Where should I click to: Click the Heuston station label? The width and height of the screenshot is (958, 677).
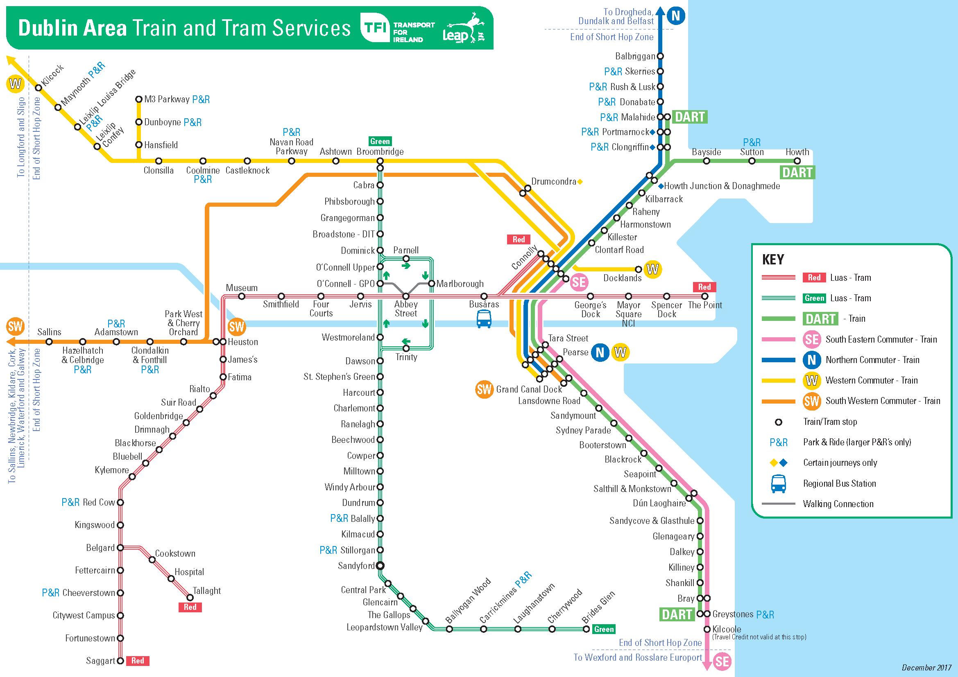pos(242,342)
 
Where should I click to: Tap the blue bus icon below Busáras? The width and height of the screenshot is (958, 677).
pos(484,319)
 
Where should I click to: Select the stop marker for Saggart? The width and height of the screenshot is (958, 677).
pos(120,661)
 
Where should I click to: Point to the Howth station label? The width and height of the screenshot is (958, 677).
pos(797,152)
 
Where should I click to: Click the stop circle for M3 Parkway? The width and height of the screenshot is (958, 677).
pos(139,99)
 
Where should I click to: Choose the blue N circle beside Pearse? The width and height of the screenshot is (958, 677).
pos(600,353)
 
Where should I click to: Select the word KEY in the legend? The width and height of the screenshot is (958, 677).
pos(773,259)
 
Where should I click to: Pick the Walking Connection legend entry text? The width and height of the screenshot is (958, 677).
pos(838,503)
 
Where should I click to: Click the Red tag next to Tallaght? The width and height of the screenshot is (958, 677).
pos(190,607)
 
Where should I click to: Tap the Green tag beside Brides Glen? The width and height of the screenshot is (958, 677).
pos(604,629)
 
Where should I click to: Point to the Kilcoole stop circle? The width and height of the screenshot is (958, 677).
pos(707,629)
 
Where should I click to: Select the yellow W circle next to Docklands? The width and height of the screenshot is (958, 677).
pos(652,269)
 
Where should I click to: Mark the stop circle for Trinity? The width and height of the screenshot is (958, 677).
pos(406,348)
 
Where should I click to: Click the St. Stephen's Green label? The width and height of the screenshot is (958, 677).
pos(339,377)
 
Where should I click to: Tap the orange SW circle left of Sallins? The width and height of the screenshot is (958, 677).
pos(15,326)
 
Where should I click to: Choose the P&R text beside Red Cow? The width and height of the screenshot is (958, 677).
pos(70,502)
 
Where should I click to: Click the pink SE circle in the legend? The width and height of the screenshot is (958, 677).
pos(812,339)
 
